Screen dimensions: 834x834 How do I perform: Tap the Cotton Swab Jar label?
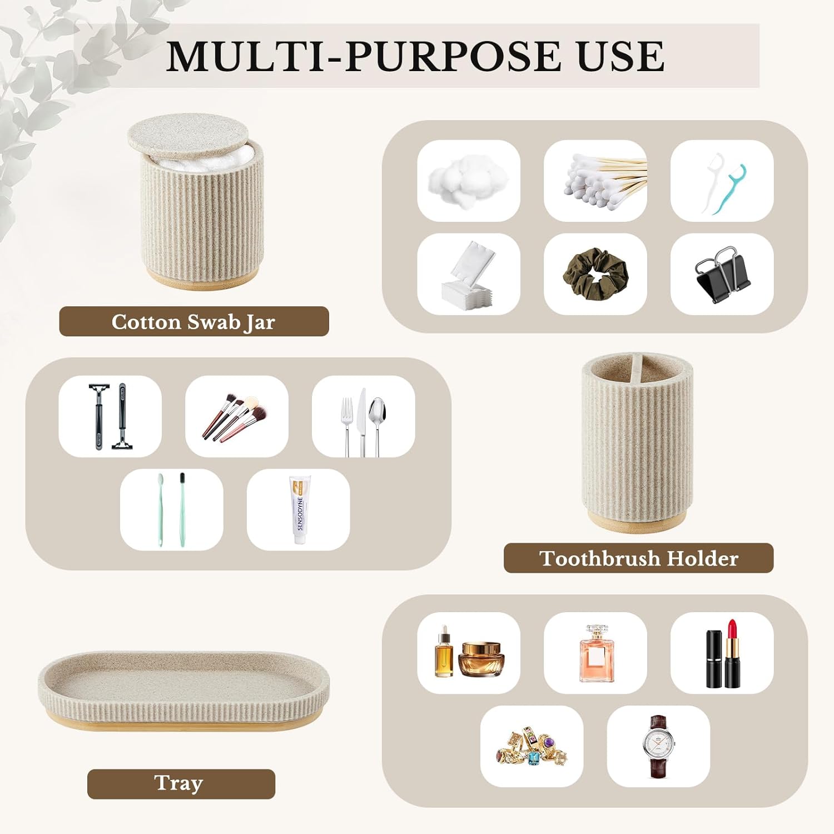(x=193, y=322)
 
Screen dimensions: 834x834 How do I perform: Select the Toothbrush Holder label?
(x=638, y=558)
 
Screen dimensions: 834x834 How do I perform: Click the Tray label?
(x=179, y=783)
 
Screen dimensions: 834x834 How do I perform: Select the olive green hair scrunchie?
(x=595, y=274)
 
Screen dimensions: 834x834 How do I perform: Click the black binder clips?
(x=722, y=275)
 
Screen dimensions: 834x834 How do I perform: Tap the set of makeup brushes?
(x=236, y=417)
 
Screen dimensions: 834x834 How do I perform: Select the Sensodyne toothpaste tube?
(x=299, y=509)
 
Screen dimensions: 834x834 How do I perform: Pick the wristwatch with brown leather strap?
(x=658, y=746)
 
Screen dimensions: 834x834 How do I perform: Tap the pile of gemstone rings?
(x=531, y=746)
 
